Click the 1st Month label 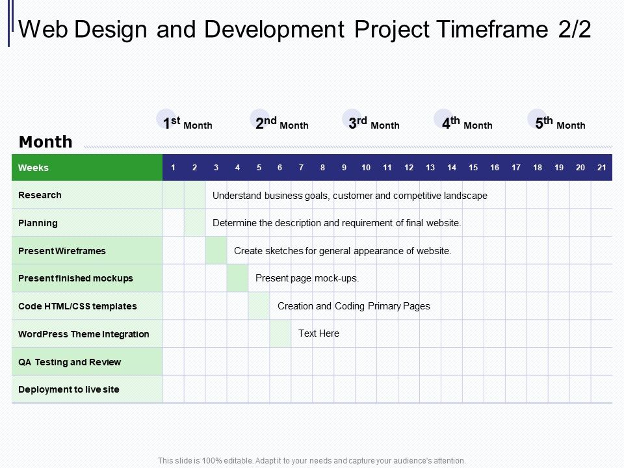tap(187, 123)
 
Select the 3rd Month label tap(374, 123)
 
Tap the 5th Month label tap(560, 123)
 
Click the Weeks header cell tap(34, 168)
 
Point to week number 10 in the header tap(366, 168)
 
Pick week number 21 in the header tap(601, 168)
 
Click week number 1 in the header tap(173, 168)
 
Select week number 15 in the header tap(473, 168)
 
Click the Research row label tap(40, 195)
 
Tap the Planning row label tap(38, 223)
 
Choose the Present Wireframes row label tap(62, 251)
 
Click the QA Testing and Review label tap(70, 362)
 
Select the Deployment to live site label tap(69, 389)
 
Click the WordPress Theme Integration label tap(84, 334)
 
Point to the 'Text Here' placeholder tap(318, 333)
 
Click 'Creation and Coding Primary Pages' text tap(354, 306)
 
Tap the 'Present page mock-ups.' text tap(307, 278)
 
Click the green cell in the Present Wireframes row tap(216, 250)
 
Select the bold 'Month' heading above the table tap(45, 142)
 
